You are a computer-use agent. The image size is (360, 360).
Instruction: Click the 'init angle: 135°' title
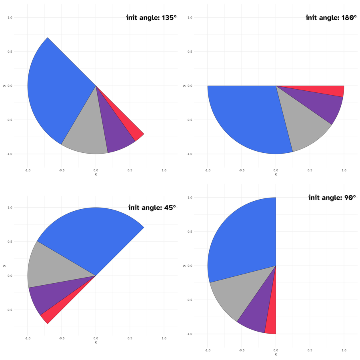tap(151, 18)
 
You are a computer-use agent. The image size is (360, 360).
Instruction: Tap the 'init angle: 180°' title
tap(330, 18)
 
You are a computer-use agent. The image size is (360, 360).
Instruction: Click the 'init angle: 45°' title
tap(152, 208)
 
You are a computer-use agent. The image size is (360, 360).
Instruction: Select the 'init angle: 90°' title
tap(332, 198)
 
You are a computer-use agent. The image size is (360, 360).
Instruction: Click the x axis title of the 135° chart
tap(96, 174)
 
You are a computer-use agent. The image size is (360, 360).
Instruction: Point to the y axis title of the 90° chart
tap(184, 266)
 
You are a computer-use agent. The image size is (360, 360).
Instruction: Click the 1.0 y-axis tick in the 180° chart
tap(190, 18)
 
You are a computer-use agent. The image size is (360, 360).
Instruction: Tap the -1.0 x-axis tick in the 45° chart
tap(27, 338)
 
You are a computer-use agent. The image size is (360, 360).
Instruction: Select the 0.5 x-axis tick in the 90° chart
tap(310, 350)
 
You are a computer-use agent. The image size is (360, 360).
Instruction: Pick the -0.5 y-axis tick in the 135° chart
tap(10, 120)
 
